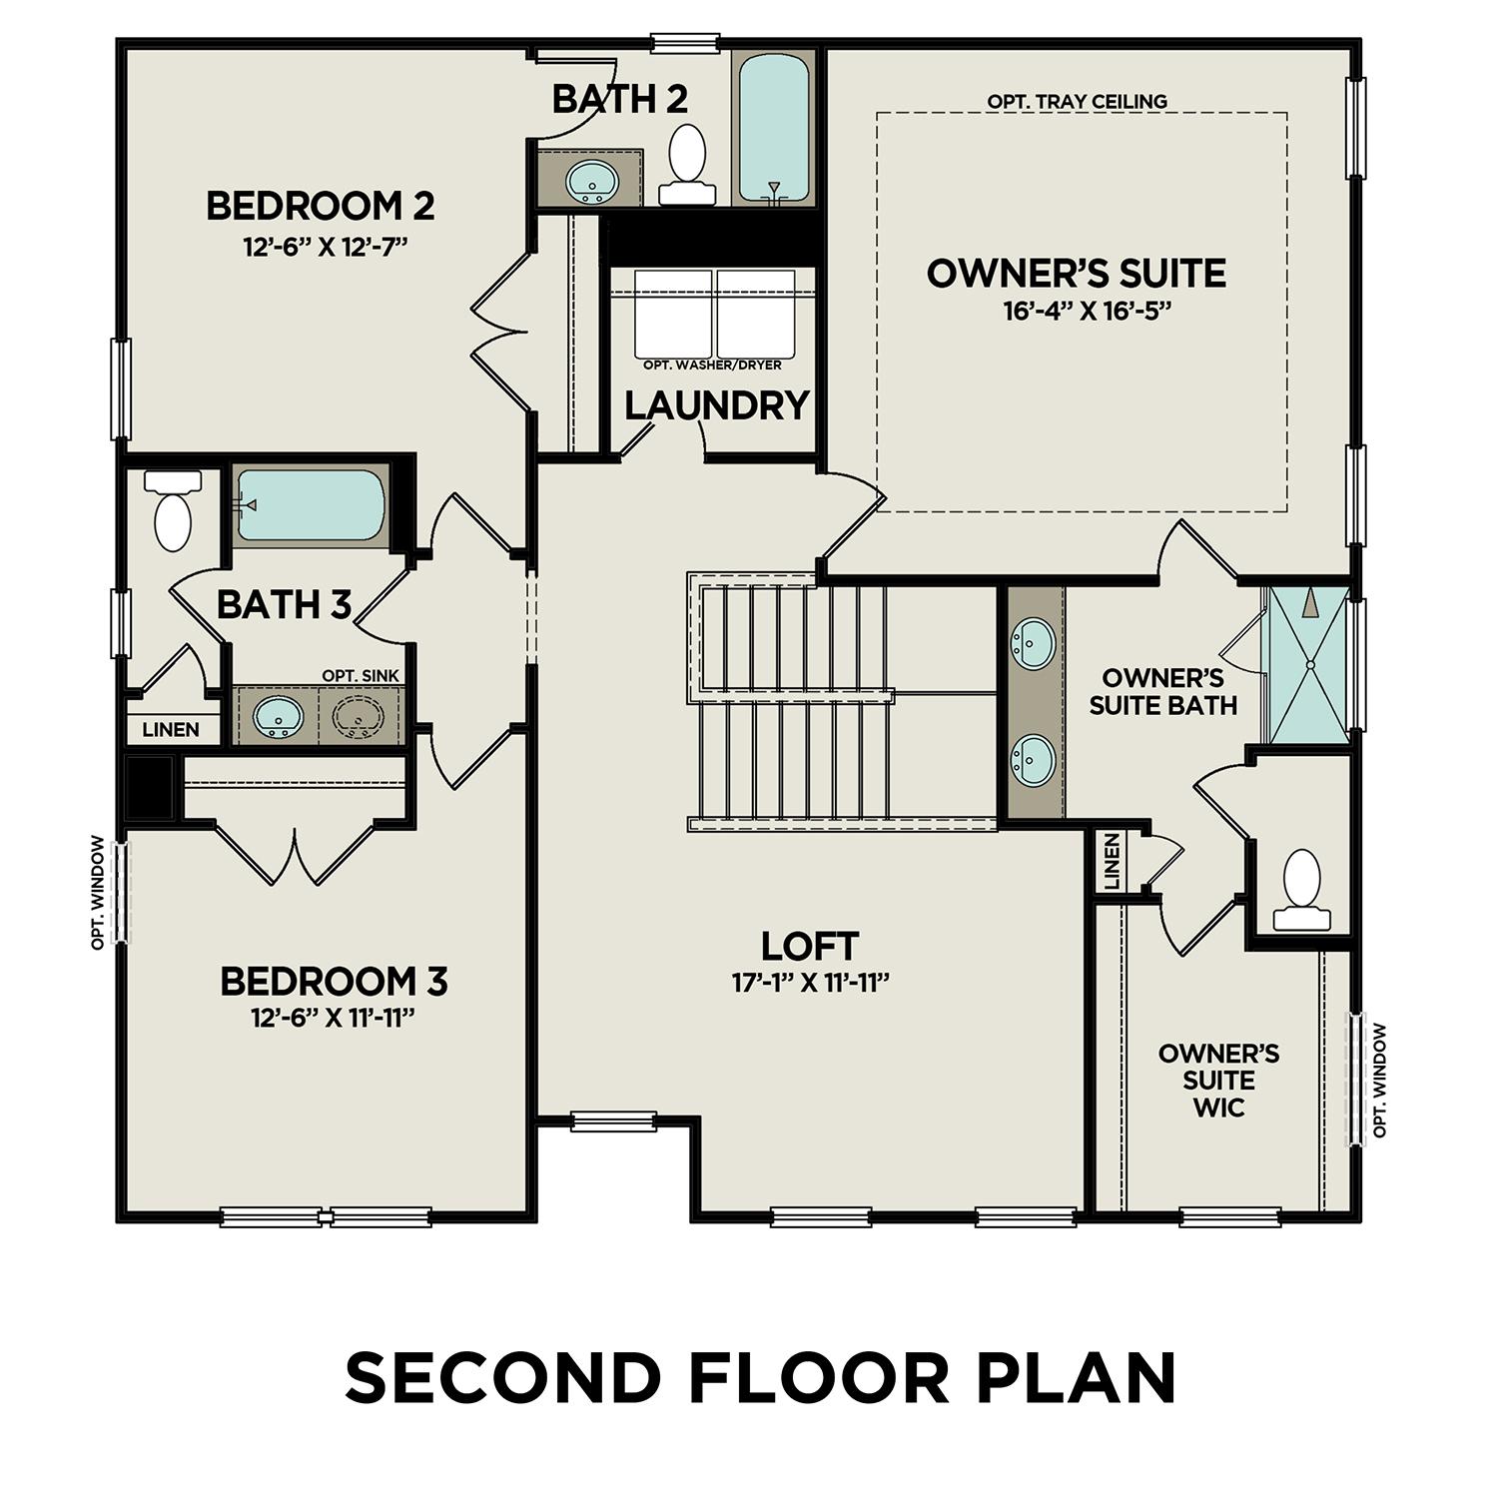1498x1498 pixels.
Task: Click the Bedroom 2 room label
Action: [x=320, y=207]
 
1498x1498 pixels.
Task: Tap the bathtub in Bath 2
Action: [x=771, y=130]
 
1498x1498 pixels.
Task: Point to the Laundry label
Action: [x=716, y=406]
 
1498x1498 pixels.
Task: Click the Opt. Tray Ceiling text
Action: [x=1077, y=102]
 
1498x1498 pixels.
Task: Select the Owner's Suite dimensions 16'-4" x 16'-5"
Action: [x=1087, y=312]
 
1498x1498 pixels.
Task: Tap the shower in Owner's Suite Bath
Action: [x=1308, y=664]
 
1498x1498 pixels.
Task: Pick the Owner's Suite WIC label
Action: [x=1218, y=1081]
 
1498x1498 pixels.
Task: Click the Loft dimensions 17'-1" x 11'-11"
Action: [x=810, y=984]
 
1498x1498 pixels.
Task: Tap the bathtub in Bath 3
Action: [x=310, y=504]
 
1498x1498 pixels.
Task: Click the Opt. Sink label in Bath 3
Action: [x=360, y=676]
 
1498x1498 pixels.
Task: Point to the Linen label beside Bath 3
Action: [x=171, y=730]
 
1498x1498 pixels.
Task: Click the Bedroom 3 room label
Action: [x=334, y=982]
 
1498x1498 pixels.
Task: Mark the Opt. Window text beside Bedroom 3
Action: [x=98, y=893]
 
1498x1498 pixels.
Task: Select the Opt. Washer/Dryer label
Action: [x=712, y=366]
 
